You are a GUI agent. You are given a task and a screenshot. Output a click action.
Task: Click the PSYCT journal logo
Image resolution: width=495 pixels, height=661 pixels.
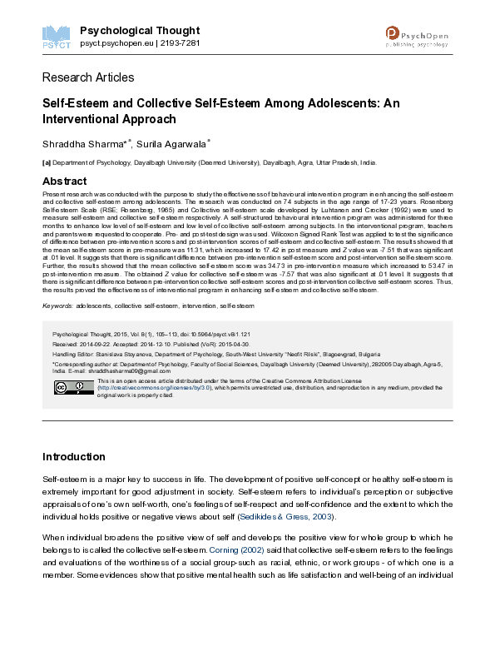click(x=56, y=34)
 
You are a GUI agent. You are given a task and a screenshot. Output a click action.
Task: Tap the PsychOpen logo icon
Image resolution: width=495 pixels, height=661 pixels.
click(x=394, y=33)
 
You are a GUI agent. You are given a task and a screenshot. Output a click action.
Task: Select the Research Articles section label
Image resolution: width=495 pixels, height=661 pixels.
click(x=87, y=77)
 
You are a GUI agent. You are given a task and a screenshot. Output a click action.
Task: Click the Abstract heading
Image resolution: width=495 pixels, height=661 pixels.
click(x=64, y=181)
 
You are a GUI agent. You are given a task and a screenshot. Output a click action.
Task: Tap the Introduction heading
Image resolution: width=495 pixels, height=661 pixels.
click(x=73, y=456)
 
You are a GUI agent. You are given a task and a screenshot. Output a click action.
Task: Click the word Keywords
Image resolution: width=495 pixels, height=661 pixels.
click(x=57, y=306)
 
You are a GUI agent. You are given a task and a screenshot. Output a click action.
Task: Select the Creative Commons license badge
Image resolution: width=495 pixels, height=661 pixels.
click(x=73, y=387)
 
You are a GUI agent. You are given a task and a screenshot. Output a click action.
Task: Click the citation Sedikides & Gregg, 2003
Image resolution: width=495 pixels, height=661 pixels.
click(x=286, y=516)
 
